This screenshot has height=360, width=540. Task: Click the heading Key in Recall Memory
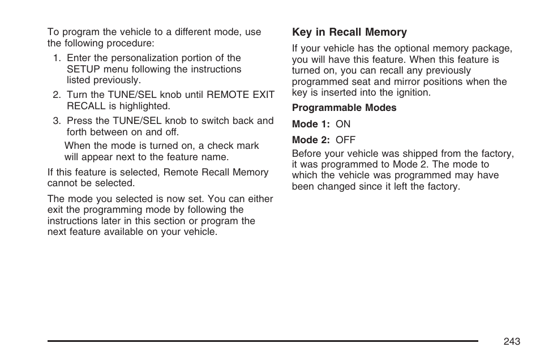pyautogui.click(x=349, y=32)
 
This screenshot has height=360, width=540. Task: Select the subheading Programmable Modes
pyautogui.click(x=344, y=108)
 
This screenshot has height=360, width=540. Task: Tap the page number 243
pyautogui.click(x=511, y=341)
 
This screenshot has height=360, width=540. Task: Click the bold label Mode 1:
pyautogui.click(x=311, y=124)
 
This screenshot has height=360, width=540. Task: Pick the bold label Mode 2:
pyautogui.click(x=311, y=140)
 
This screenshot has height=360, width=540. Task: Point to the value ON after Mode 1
pyautogui.click(x=343, y=124)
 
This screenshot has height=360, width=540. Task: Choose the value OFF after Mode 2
pyautogui.click(x=345, y=140)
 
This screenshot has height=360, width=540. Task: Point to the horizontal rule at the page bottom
pyautogui.click(x=263, y=341)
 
